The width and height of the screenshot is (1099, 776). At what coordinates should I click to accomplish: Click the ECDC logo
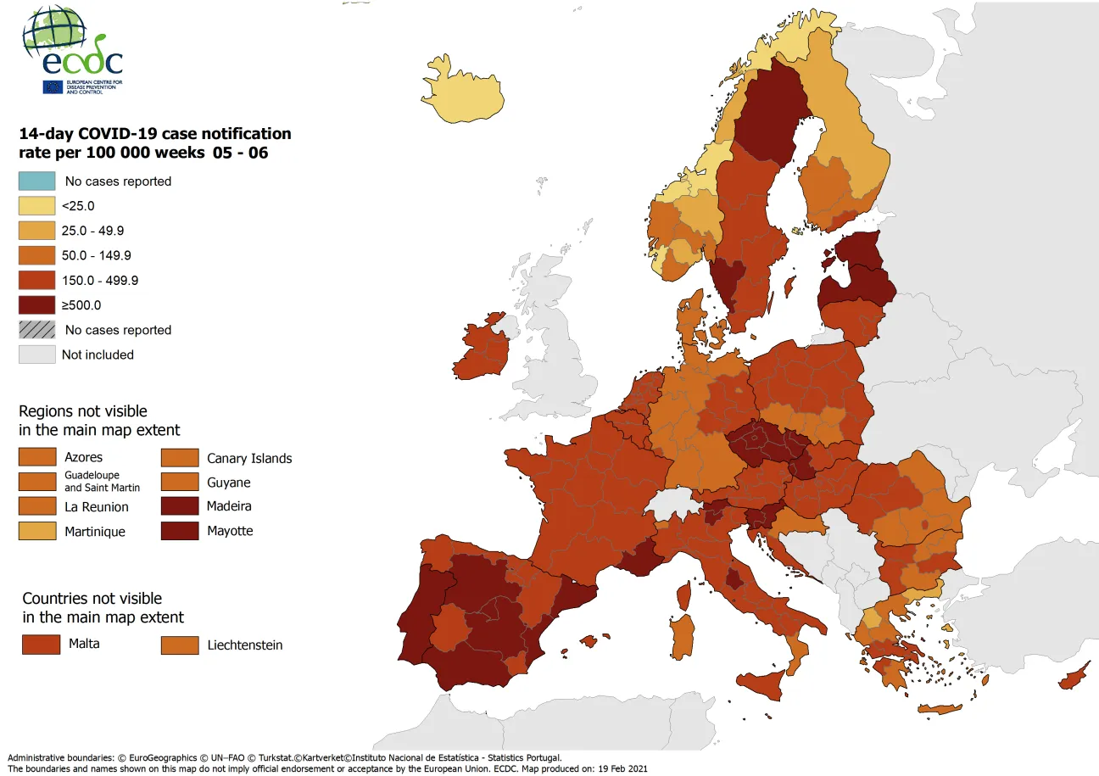point(73,51)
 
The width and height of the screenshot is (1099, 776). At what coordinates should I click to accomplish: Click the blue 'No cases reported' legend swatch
point(37,181)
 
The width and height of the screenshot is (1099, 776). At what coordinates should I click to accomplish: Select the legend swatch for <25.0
point(37,205)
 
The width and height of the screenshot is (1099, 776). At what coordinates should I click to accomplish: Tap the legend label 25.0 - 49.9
point(96,231)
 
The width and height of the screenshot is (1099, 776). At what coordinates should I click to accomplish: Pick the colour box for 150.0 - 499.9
point(37,280)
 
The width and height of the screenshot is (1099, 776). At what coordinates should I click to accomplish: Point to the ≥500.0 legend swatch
point(37,305)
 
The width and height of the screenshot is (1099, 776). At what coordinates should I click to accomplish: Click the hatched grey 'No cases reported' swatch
point(37,330)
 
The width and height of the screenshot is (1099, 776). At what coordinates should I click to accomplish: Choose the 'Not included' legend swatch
point(37,355)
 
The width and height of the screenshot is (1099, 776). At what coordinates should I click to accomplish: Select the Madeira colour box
point(180,507)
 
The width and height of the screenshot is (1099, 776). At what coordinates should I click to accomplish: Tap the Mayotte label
point(230,532)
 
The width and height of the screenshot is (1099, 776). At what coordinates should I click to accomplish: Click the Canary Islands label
point(249,459)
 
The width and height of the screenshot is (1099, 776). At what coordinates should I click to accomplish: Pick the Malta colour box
point(41,645)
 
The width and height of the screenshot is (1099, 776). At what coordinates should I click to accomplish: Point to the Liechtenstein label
point(245,645)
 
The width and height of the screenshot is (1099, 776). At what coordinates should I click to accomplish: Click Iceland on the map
point(463,94)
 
